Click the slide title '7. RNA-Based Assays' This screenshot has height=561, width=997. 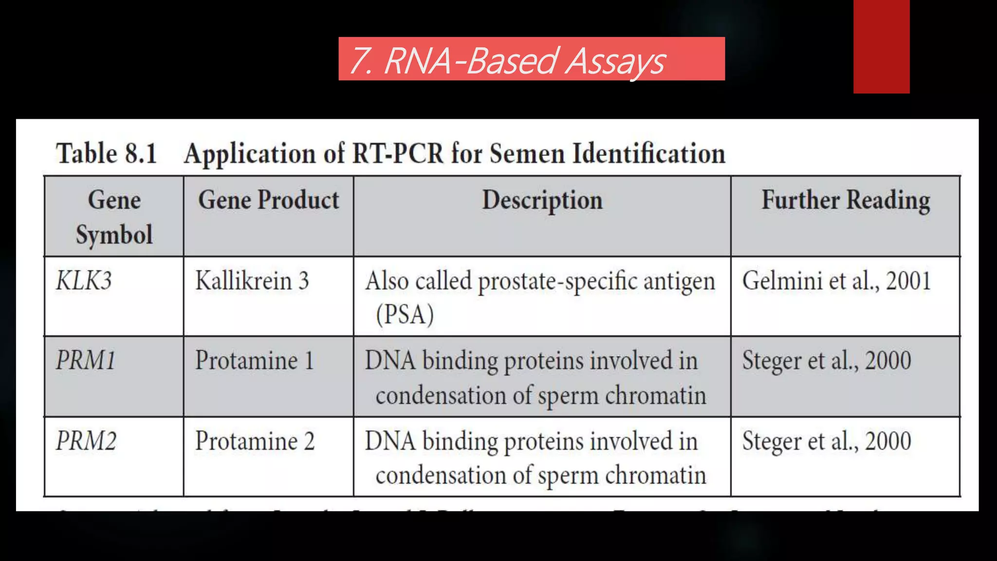507,61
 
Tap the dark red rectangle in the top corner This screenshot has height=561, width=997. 881,46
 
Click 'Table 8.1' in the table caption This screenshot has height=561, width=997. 107,153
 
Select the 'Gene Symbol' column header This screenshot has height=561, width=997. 114,217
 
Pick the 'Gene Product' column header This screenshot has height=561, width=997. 268,200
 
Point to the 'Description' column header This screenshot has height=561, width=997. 542,200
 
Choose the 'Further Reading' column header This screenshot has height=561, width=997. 846,200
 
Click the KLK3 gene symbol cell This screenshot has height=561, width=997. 84,281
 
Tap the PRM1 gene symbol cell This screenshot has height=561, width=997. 86,361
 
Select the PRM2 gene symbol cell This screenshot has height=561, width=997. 86,441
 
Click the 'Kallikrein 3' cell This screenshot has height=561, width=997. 252,281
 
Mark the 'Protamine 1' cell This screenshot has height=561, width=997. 255,361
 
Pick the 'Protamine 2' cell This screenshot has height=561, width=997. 255,441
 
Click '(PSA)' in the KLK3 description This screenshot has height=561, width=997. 405,315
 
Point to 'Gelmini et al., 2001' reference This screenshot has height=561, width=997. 836,281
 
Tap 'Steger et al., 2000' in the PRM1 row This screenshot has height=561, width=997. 827,361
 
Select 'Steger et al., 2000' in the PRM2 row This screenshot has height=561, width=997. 827,441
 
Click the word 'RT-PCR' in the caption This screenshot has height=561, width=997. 398,153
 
